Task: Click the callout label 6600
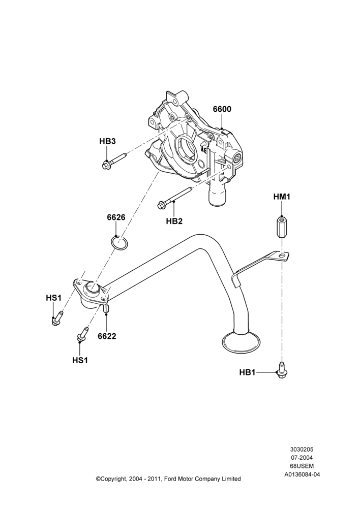tap(222, 109)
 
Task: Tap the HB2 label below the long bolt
tap(174, 221)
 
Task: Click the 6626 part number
tap(116, 217)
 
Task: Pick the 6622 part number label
tap(107, 336)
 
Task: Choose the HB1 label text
tap(248, 372)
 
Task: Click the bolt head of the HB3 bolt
tap(105, 165)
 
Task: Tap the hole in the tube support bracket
tap(283, 256)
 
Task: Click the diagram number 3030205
tap(302, 450)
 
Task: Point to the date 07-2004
tap(302, 458)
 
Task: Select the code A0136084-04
tap(302, 474)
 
